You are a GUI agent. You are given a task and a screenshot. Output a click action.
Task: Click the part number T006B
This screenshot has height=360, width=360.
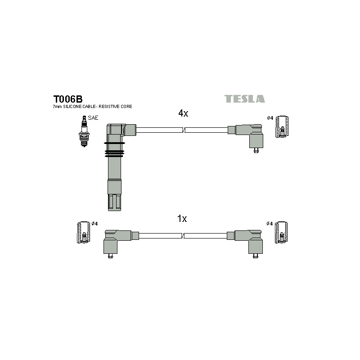coord(68,99)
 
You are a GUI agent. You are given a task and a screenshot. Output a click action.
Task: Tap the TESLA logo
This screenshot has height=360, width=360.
coord(244,99)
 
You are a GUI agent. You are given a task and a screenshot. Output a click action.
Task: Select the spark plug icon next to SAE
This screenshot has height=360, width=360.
coord(84,131)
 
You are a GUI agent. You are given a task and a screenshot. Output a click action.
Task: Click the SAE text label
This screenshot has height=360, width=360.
coord(93,118)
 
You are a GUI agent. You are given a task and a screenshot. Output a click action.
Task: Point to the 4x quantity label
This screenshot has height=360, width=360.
coord(183,113)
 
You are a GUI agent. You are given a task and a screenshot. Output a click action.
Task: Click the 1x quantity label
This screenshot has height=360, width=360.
coord(182,219)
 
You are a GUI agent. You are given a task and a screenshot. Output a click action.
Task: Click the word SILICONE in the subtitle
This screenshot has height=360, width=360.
coord(72,107)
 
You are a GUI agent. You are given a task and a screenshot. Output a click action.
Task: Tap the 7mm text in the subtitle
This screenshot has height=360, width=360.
coord(58,107)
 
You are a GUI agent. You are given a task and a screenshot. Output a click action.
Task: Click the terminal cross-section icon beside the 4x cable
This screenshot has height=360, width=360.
coord(282,127)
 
